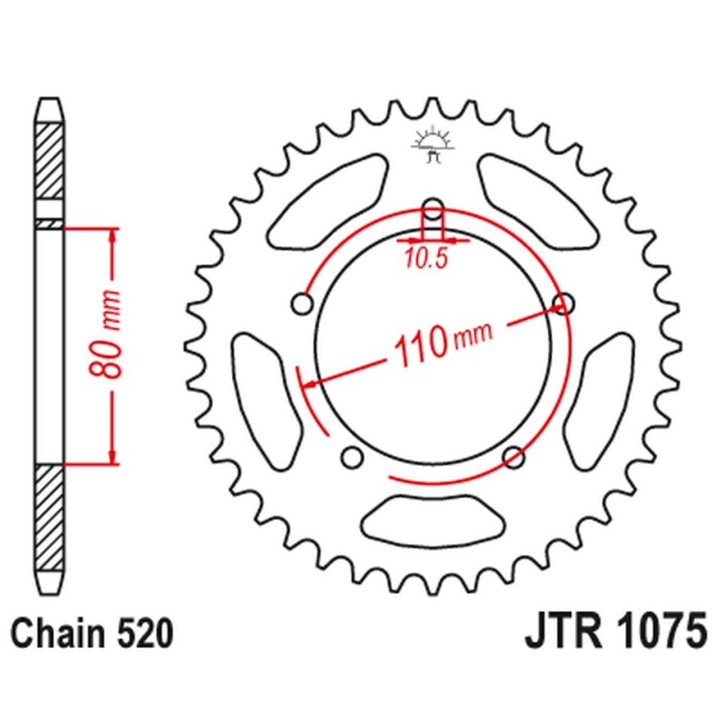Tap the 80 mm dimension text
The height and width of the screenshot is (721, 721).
point(105,334)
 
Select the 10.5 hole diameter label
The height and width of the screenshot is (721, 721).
point(426,260)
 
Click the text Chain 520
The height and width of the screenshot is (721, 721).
point(92,634)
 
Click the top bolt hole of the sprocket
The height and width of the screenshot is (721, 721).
point(433,210)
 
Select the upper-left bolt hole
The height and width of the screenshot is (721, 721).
point(303,304)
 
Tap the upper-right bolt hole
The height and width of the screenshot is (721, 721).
point(563,304)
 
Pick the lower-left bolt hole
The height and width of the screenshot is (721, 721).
point(352,457)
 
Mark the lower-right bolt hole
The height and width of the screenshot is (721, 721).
point(514,457)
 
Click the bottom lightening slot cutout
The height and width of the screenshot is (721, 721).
point(433,522)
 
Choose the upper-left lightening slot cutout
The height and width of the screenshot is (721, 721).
point(327,201)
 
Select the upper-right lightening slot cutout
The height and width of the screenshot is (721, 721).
point(538,201)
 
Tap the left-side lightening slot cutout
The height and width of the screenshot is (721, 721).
point(268,401)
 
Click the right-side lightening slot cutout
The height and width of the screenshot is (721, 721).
point(598,401)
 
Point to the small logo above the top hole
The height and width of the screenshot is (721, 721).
point(433,146)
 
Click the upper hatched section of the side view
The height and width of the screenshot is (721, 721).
point(50,161)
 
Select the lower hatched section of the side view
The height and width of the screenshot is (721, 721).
point(50,517)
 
